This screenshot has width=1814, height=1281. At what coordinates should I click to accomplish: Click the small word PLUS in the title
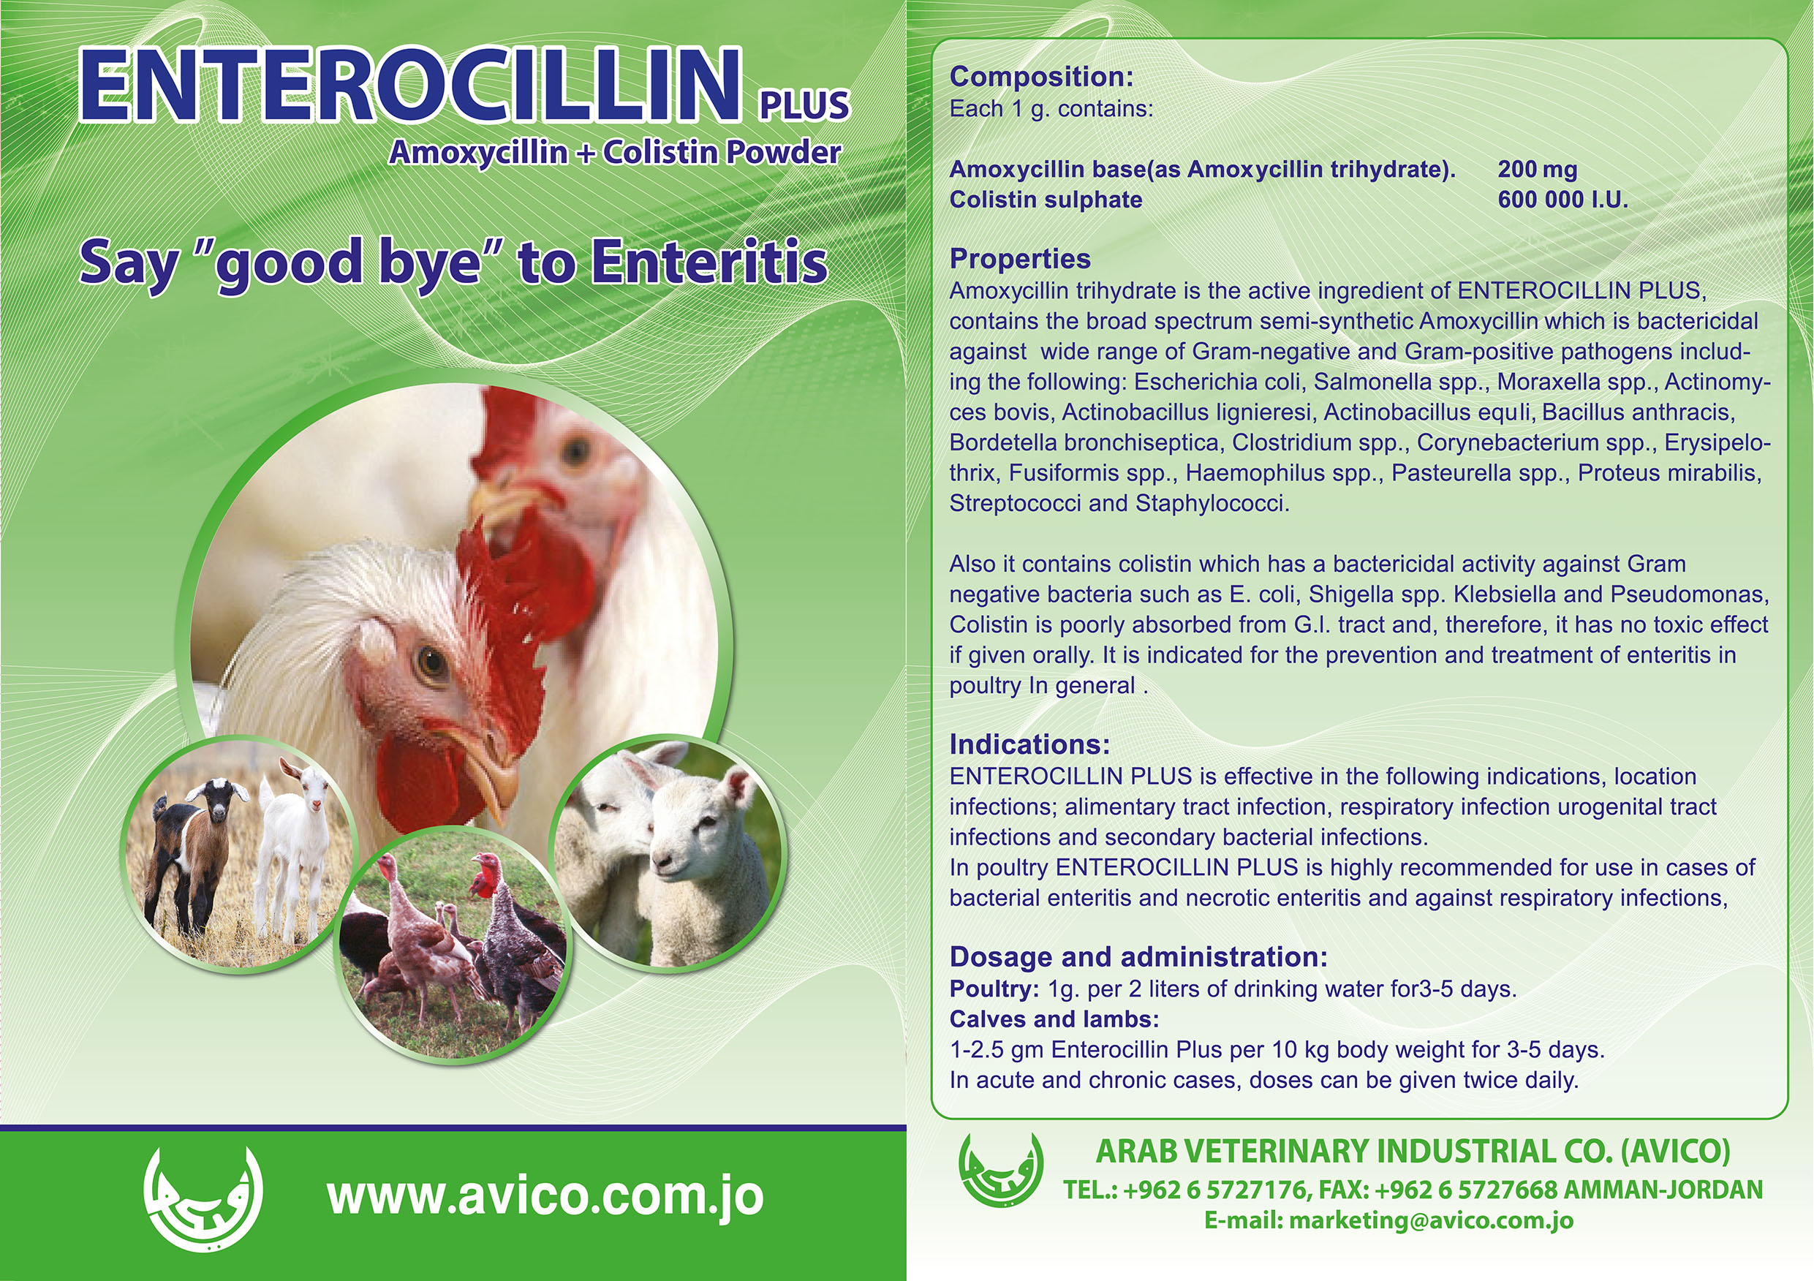point(804,105)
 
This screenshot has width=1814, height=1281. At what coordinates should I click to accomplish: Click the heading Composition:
point(1041,77)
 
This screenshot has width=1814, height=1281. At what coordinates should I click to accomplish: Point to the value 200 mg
point(1538,169)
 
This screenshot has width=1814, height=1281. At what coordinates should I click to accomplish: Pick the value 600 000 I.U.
point(1562,199)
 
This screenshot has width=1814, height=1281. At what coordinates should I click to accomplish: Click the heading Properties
point(1020,258)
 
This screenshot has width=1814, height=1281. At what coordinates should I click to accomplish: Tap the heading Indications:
point(1029,744)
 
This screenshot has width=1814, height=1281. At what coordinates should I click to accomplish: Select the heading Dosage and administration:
point(1138,957)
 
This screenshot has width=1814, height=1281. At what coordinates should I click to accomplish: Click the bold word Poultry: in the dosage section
point(994,989)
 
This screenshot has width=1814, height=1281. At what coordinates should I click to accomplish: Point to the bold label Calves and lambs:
point(1054,1019)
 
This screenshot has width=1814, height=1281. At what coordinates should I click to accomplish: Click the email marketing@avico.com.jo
point(1431,1221)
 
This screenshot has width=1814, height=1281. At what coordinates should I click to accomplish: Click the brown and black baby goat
point(197,853)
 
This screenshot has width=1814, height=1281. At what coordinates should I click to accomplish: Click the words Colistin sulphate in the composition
point(1046,200)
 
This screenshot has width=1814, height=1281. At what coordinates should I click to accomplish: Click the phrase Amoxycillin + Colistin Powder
point(615,153)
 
